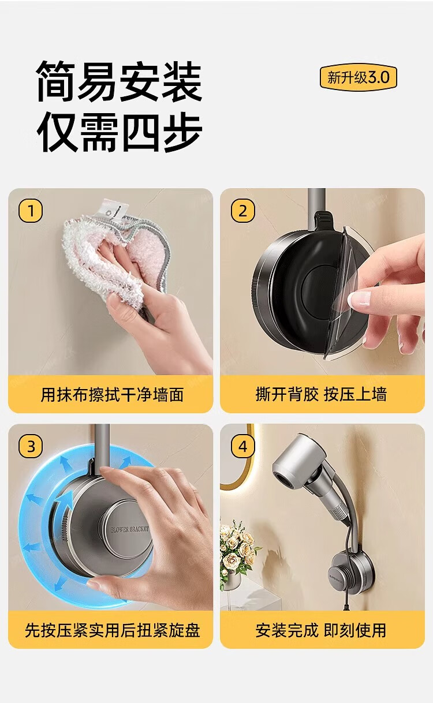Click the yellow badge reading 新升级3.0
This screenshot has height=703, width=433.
[x=358, y=77]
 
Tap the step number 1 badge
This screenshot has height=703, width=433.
[x=31, y=211]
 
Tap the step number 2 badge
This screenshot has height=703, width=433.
[x=242, y=211]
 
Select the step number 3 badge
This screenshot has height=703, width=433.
[x=31, y=446]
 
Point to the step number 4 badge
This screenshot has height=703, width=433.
[x=242, y=446]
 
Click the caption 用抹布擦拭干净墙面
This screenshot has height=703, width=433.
[x=112, y=394]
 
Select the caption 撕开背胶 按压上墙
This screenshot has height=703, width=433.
[x=321, y=394]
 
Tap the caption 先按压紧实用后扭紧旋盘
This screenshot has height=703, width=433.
[x=112, y=630]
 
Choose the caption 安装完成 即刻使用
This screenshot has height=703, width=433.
[x=321, y=630]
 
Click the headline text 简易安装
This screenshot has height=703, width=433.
[x=120, y=81]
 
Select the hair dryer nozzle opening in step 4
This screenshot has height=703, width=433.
[x=282, y=480]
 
